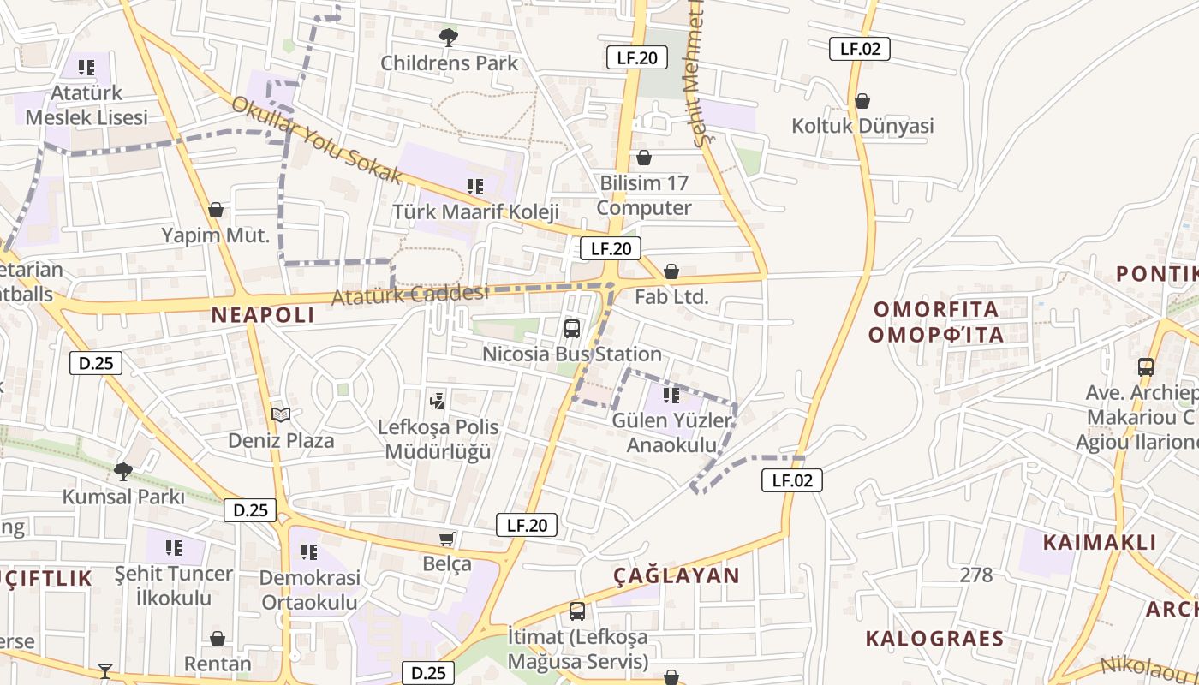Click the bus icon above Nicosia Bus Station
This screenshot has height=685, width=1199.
point(572,328)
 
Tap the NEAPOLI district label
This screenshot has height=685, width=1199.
point(263,315)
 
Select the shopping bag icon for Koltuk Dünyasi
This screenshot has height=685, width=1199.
point(862,101)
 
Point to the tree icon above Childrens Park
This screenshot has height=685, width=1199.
point(448,37)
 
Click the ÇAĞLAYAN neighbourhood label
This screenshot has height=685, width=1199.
point(677,575)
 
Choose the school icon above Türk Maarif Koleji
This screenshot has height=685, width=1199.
point(475,186)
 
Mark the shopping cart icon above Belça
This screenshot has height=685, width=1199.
point(446,539)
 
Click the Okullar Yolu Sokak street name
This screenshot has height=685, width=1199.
point(317,140)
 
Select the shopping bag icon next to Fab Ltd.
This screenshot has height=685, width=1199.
point(671,271)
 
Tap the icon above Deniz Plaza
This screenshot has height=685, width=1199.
point(281,415)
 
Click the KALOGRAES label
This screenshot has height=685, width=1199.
point(934,639)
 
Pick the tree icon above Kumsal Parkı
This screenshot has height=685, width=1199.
point(123,471)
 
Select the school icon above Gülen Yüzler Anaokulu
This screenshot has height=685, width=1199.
point(671,396)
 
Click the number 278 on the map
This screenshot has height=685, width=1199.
point(976,575)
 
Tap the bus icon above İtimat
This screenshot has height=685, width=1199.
point(577,611)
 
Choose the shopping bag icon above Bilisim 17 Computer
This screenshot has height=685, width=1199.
point(644,158)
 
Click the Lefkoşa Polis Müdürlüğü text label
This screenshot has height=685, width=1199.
point(438,439)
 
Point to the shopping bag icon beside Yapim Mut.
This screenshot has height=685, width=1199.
point(216,210)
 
